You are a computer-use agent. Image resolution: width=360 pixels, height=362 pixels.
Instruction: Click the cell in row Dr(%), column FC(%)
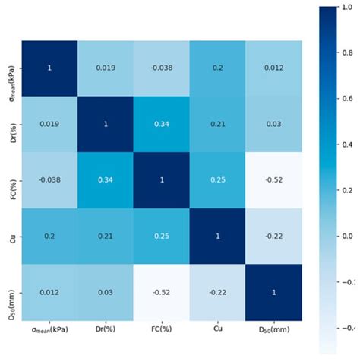161,125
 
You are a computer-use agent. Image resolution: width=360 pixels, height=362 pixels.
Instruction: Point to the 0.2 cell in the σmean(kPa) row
218,68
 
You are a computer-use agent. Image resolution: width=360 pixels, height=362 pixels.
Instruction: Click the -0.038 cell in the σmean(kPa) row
161,68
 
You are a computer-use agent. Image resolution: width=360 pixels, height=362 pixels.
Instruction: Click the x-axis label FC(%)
161,332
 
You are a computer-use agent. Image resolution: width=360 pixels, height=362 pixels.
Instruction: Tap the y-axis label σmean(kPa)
11,68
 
